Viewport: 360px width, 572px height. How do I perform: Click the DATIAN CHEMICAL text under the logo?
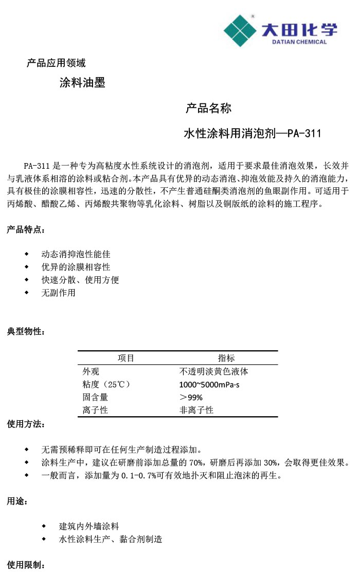(299, 42)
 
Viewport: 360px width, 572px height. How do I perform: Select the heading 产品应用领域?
(56, 63)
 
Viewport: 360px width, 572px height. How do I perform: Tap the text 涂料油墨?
(82, 82)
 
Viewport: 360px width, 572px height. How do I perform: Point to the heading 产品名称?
(208, 108)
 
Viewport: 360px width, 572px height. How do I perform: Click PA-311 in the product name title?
(304, 134)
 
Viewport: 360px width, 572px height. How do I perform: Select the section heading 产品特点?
(25, 229)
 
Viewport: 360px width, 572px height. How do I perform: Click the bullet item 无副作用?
(58, 293)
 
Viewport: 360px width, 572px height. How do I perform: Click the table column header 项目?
(126, 358)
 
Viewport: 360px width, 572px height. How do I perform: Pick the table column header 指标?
(226, 358)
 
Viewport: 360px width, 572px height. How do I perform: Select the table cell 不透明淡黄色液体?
(214, 371)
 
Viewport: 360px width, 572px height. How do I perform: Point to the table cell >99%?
(191, 398)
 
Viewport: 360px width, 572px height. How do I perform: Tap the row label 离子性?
(95, 410)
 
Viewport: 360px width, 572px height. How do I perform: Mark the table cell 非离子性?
(196, 410)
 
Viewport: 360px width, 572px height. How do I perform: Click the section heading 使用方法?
(25, 424)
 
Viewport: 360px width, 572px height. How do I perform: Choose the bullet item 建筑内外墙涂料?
(89, 526)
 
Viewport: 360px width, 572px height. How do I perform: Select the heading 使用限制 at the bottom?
(25, 565)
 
